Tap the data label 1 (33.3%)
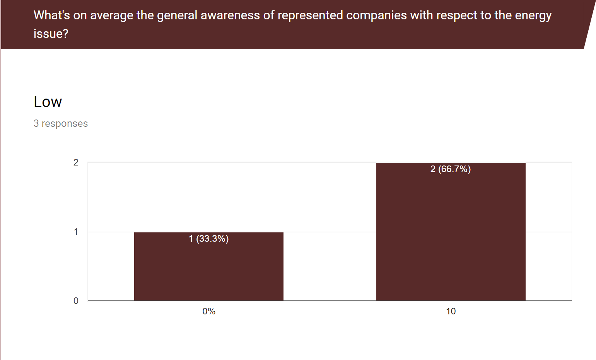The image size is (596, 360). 208,239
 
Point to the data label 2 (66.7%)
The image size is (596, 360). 451,169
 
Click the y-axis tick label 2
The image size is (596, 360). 76,162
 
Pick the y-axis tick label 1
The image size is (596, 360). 76,232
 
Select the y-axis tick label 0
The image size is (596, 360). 76,301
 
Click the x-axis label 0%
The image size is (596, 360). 209,311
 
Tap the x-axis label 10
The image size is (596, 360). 451,311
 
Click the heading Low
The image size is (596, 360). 48,102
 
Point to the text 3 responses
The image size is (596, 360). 61,123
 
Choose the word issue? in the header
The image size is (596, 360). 51,34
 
